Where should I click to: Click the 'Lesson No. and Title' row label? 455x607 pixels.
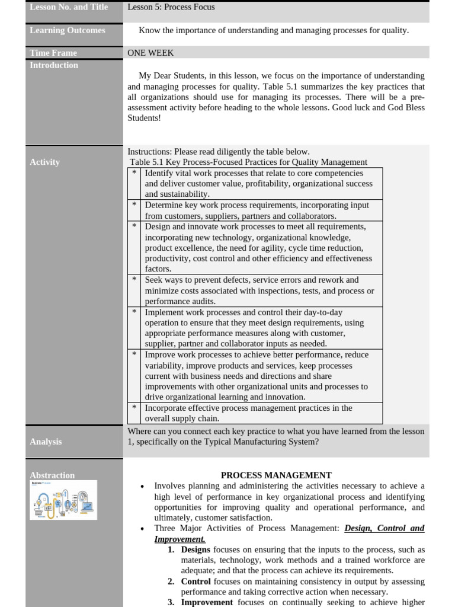point(69,8)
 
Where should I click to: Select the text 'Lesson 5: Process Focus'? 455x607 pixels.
point(171,7)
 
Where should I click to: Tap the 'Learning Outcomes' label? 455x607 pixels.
point(68,30)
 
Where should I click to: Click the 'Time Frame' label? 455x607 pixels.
point(53,53)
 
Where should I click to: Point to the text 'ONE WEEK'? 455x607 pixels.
point(150,53)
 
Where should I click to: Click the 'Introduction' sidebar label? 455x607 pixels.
point(54,65)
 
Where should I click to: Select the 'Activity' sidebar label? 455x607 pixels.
point(44,162)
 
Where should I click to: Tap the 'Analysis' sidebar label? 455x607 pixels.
point(46,442)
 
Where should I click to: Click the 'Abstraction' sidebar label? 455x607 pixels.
point(52,475)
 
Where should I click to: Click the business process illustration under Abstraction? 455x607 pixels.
point(63,500)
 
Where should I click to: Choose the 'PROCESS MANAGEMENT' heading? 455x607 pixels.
point(276,475)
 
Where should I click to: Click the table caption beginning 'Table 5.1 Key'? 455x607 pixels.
point(248,162)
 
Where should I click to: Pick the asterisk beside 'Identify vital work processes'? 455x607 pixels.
point(134,173)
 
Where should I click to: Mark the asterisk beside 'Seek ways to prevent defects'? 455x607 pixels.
point(134,280)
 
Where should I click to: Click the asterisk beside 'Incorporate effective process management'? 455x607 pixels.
point(134,408)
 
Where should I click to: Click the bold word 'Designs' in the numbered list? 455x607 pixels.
point(196,550)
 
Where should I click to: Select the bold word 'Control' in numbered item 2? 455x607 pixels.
point(196,582)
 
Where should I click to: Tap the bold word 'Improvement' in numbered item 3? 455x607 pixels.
point(207,602)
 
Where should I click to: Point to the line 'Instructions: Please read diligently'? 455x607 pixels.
point(218,151)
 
